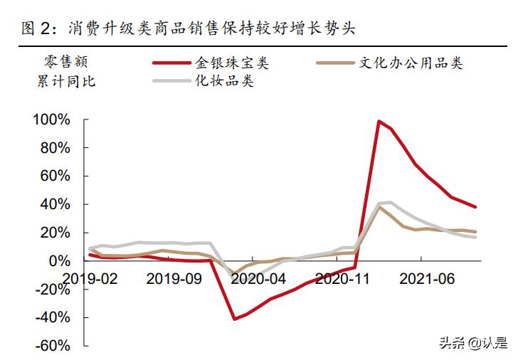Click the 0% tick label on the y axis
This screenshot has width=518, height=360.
coord(59,261)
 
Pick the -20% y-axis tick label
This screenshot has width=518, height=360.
coord(52,289)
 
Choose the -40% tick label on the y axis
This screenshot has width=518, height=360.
coord(52,317)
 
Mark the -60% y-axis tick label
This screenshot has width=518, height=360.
coord(52,346)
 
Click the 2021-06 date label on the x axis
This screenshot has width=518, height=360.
coord(425,278)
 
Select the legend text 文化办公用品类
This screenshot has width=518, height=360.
coord(411,63)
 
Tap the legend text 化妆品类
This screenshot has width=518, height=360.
coord(225,80)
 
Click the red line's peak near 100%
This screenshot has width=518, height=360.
coord(379,122)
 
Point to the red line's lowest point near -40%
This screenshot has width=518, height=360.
coord(235,319)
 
